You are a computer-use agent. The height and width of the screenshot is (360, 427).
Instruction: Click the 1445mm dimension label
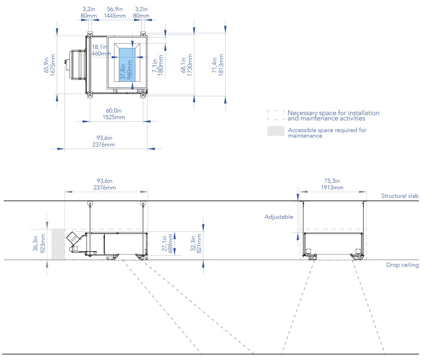[x=115, y=16]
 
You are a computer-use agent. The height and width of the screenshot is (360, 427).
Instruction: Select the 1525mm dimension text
[x=114, y=117]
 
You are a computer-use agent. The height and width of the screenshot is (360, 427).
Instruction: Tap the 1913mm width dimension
[x=332, y=188]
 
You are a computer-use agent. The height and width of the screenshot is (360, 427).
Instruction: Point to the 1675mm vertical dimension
[x=53, y=65]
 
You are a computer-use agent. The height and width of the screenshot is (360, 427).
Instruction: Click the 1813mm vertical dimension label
[x=221, y=65]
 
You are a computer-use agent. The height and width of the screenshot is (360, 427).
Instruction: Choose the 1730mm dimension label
[x=190, y=65]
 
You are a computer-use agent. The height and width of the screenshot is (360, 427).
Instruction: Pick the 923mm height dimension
[x=43, y=243]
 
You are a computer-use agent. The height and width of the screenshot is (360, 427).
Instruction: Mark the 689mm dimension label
[x=171, y=243]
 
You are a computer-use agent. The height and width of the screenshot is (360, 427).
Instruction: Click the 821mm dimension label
[x=199, y=243]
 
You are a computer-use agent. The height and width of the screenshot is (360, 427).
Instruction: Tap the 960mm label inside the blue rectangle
[x=130, y=70]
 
